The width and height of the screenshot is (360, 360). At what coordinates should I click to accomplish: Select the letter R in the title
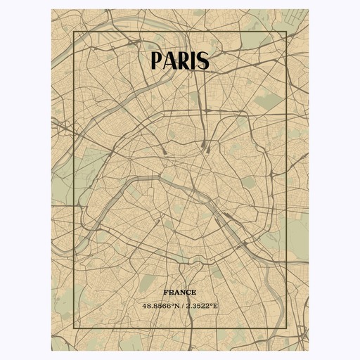pos(185,61)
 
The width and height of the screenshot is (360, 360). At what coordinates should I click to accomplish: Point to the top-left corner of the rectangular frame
pos(74,32)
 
